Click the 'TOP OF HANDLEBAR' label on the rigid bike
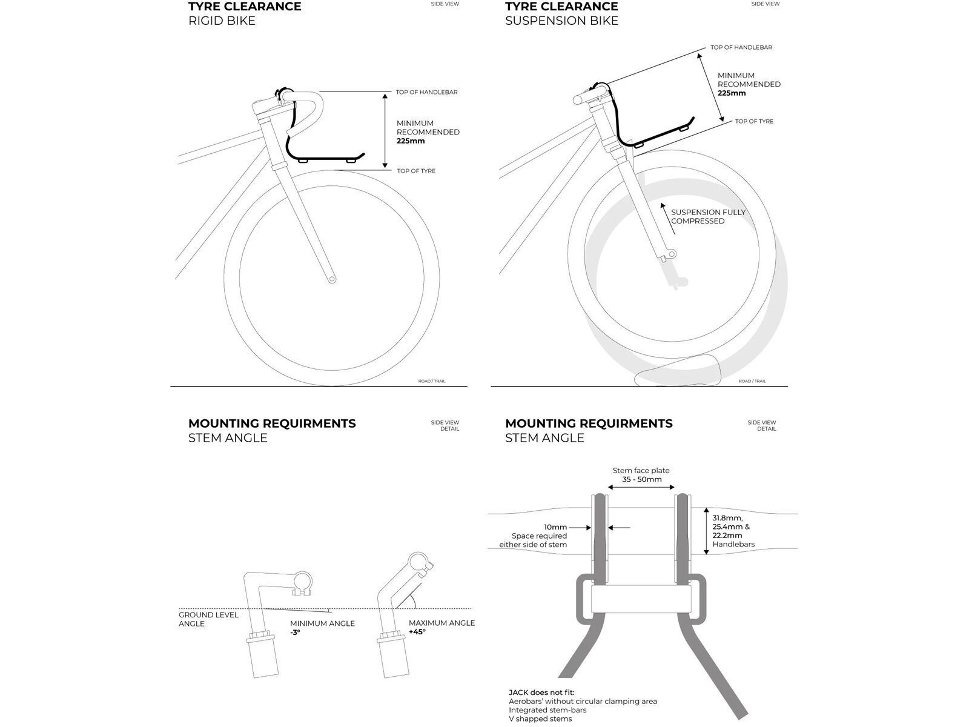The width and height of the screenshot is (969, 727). [426, 92]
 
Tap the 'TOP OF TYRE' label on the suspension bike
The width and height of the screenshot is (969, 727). [754, 121]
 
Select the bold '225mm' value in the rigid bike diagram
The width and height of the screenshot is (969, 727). [411, 141]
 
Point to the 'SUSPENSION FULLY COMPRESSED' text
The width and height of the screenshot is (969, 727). [708, 217]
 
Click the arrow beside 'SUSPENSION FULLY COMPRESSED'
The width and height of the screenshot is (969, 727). [668, 219]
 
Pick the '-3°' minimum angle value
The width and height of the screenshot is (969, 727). [295, 632]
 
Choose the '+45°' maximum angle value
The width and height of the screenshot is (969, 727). [417, 632]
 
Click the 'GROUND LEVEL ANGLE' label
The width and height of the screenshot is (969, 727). [208, 619]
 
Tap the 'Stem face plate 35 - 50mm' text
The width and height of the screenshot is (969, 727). [641, 475]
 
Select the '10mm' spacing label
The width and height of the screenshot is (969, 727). [555, 527]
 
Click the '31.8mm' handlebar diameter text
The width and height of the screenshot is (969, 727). [727, 518]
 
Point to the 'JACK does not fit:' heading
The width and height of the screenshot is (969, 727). [541, 692]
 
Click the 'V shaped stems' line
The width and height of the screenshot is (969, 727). [540, 719]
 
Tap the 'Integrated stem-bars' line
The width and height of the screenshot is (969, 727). [547, 710]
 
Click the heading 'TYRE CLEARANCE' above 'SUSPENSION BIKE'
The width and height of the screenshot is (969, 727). [561, 7]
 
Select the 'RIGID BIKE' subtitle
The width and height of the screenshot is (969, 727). [222, 21]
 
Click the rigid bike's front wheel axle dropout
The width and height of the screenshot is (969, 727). [332, 279]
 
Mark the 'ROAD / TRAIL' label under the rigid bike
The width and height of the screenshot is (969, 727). [432, 381]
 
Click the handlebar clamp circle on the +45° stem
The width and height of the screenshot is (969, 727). [417, 562]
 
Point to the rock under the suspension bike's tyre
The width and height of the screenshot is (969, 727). [678, 370]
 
